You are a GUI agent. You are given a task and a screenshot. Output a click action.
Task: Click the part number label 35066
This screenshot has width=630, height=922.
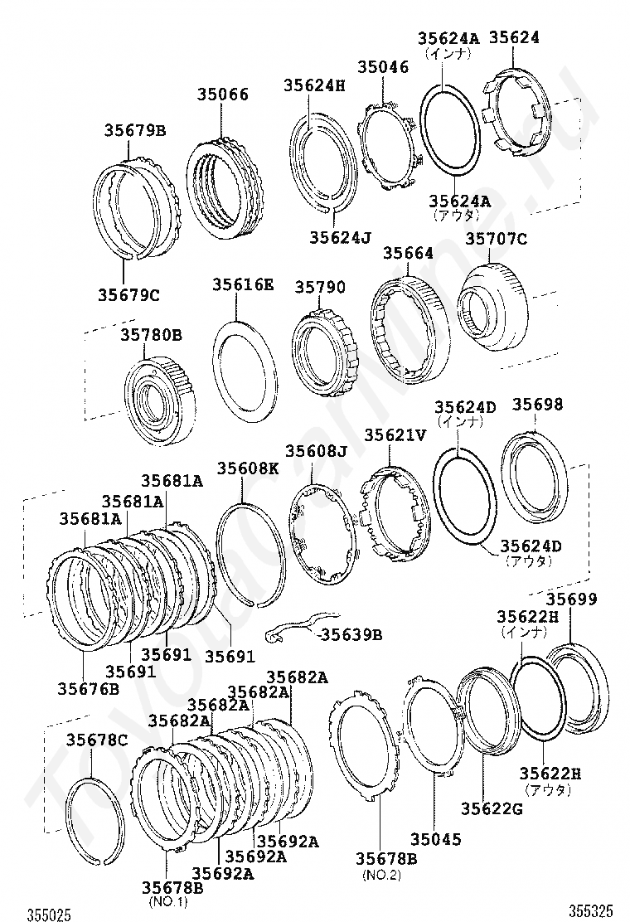tap(222, 95)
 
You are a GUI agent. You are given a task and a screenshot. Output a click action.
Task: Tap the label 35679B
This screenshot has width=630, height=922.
tap(135, 130)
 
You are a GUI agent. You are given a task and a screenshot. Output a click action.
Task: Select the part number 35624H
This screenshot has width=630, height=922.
tap(313, 85)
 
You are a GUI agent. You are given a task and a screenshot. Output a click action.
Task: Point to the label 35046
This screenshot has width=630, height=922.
tap(383, 68)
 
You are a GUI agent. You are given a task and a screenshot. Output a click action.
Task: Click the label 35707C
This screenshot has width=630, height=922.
tap(496, 239)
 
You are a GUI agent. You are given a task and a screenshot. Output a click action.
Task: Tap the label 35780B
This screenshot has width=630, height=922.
tap(151, 335)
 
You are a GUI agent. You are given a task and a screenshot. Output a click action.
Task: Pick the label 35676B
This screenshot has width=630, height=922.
tap(88, 688)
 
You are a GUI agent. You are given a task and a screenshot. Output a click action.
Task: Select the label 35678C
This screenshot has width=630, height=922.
tap(98, 740)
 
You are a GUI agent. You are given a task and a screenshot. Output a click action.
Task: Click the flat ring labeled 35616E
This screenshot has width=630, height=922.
tap(244, 369)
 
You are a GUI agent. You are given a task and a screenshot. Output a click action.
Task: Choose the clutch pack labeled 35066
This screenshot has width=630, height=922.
tap(225, 188)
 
